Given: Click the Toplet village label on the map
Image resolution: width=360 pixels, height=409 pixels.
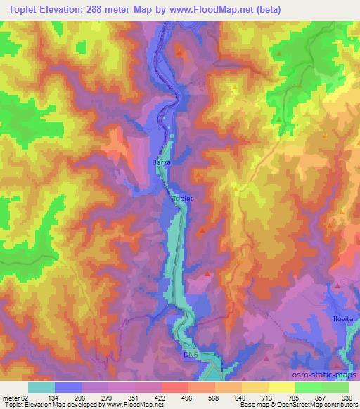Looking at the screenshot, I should coord(182,199).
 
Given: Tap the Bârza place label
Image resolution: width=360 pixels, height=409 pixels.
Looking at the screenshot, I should coord(161,162).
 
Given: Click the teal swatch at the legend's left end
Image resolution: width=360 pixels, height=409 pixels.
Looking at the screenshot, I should coord(41,387).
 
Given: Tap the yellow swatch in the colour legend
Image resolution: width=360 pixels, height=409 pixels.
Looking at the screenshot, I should coord(282,387).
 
